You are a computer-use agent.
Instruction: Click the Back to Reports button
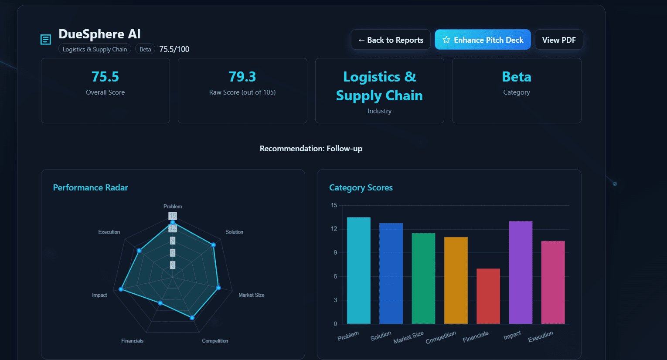click(x=391, y=40)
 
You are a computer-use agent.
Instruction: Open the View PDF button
click(x=558, y=40)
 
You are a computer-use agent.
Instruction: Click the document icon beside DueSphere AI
click(x=46, y=40)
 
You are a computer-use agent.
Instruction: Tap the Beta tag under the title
click(x=145, y=49)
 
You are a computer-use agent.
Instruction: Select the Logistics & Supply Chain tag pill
click(x=95, y=49)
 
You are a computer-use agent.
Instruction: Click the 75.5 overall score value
click(x=105, y=77)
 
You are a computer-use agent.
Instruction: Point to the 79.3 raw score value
click(x=242, y=77)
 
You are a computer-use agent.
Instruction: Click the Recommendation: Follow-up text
click(x=311, y=149)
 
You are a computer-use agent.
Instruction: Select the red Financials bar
click(x=488, y=296)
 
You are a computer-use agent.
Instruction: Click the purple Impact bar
click(x=521, y=272)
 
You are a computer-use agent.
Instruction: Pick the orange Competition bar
click(x=456, y=280)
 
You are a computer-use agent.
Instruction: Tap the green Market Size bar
click(x=423, y=278)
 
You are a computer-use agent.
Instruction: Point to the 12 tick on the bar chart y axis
click(x=334, y=229)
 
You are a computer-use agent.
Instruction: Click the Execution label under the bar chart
click(x=541, y=336)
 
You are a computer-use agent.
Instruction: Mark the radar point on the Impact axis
click(x=121, y=289)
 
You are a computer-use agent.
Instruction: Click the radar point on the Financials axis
click(x=160, y=303)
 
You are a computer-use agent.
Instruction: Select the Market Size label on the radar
click(x=251, y=295)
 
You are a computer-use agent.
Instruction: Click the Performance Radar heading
click(x=90, y=187)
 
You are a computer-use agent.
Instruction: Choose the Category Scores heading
click(x=361, y=187)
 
